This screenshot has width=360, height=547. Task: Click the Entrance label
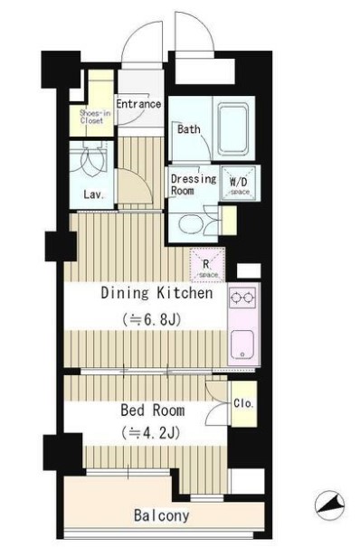(x=138, y=104)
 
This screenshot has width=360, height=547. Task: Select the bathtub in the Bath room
(x=233, y=129)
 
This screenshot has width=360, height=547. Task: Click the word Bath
(x=189, y=129)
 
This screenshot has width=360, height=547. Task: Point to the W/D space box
(x=240, y=184)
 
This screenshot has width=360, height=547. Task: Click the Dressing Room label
(x=194, y=184)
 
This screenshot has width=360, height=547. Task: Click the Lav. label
(x=94, y=194)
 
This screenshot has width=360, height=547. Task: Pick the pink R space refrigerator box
(x=208, y=265)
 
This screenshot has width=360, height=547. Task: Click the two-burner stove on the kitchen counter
(x=242, y=297)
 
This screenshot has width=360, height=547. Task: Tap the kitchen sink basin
(x=242, y=344)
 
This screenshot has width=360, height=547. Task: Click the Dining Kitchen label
(x=156, y=293)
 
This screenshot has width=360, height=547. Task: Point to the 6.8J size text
(x=151, y=319)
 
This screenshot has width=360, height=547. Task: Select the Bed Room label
(x=153, y=410)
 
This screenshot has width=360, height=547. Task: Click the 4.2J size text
(x=151, y=433)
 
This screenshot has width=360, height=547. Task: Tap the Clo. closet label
(x=243, y=403)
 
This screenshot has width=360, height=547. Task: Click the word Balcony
(x=162, y=515)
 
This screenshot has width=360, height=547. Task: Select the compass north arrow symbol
(x=329, y=505)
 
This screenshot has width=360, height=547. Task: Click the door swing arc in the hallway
(x=144, y=179)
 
